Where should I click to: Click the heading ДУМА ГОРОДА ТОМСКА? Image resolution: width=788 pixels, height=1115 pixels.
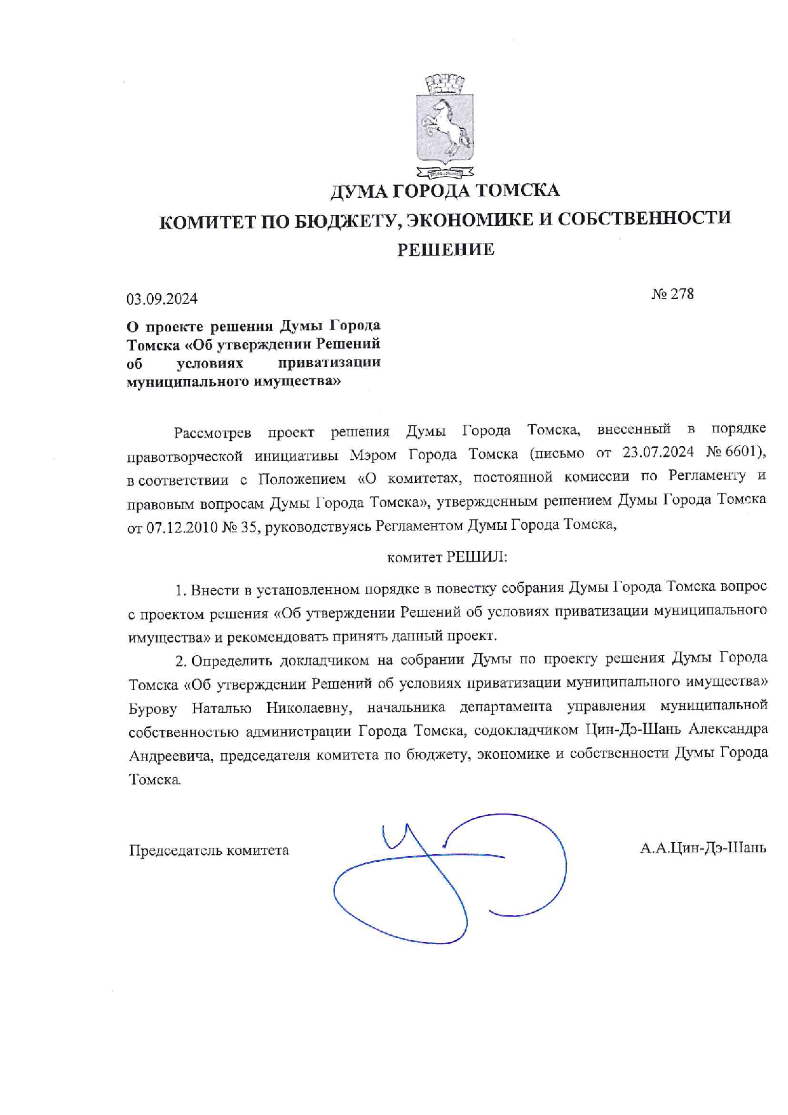445,190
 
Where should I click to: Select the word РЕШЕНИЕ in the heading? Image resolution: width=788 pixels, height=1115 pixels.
445,249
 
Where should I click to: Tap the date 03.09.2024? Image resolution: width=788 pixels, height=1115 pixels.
162,298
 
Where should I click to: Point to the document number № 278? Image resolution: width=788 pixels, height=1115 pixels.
672,294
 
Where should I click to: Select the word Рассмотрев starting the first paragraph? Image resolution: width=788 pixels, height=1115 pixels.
213,433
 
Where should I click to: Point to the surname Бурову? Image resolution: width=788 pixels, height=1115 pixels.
153,708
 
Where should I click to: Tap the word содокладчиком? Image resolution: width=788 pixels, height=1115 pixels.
526,730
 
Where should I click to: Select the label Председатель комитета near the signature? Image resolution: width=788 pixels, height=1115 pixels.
209,850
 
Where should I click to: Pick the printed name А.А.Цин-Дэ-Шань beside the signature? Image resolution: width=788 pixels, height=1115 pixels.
703,848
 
